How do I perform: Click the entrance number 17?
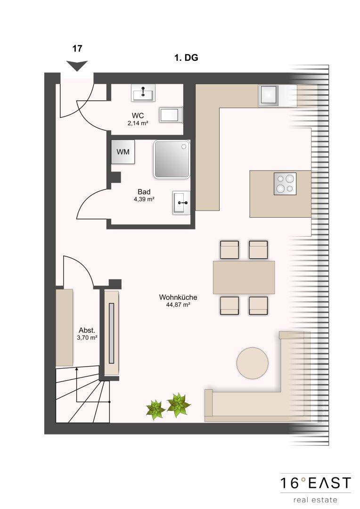pyautogui.click(x=77, y=49)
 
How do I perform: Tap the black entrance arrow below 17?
pyautogui.click(x=77, y=66)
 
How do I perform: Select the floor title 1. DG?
pyautogui.click(x=186, y=58)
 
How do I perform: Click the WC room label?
pyautogui.click(x=138, y=115)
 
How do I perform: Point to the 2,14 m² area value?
pyautogui.click(x=138, y=123)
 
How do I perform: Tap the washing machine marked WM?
pyautogui.click(x=123, y=152)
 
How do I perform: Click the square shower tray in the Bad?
pyautogui.click(x=172, y=159)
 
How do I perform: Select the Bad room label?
pyautogui.click(x=144, y=192)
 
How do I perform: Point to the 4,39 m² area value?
pyautogui.click(x=144, y=199)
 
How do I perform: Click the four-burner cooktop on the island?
pyautogui.click(x=285, y=184)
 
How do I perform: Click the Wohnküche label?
pyautogui.click(x=178, y=297)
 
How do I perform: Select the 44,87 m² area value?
pyautogui.click(x=178, y=305)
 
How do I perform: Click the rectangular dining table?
pyautogui.click(x=244, y=277)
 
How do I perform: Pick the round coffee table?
pyautogui.click(x=253, y=363)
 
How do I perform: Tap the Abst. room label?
pyautogui.click(x=87, y=330)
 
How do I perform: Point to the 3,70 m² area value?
pyautogui.click(x=87, y=337)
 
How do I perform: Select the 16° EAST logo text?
pyautogui.click(x=316, y=483)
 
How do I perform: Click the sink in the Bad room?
pyautogui.click(x=181, y=202)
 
